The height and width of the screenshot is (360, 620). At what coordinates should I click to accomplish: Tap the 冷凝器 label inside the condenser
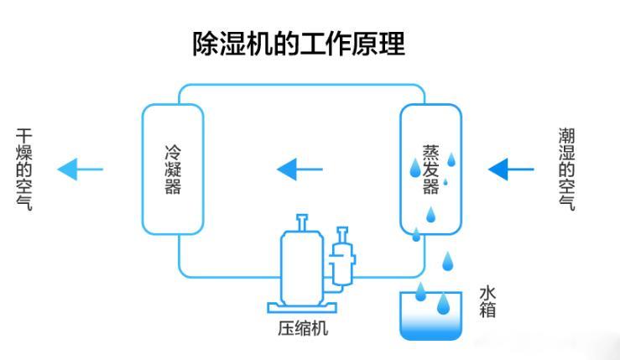tap(172, 170)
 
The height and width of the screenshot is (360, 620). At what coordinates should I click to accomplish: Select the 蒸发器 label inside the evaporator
tap(430, 170)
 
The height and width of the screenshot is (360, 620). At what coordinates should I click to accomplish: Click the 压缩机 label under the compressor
tap(303, 328)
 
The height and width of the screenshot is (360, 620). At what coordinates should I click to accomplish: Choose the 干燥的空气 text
tap(24, 170)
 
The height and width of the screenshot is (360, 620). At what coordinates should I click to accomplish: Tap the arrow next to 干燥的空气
tap(80, 170)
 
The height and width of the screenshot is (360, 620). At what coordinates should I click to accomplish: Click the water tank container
tap(430, 317)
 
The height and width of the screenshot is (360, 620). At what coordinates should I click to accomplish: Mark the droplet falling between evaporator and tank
tap(447, 262)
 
